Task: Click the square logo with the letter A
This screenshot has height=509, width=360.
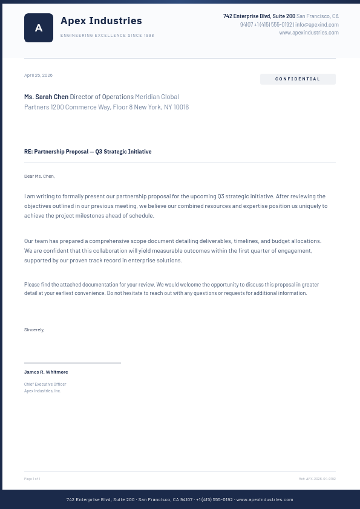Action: tap(39, 28)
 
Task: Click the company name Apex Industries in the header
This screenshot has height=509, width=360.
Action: tap(101, 21)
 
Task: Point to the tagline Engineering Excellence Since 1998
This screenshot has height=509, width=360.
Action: tap(107, 36)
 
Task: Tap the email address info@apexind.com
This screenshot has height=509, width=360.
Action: tap(317, 25)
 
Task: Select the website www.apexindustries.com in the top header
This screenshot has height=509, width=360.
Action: tap(309, 33)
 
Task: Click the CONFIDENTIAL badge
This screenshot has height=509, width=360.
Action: tap(298, 79)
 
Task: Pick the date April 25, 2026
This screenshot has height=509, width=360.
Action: tap(38, 76)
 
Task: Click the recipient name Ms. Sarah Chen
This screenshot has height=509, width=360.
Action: tap(46, 97)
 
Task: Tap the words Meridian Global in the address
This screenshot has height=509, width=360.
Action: tap(157, 97)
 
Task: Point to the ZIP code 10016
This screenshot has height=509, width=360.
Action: tap(181, 107)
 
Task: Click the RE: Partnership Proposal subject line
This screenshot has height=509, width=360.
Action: tap(88, 152)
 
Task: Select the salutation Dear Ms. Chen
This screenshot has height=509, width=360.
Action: tap(39, 177)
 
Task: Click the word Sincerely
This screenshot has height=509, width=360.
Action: tap(34, 330)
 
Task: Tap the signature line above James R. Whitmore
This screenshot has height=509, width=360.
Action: tap(73, 363)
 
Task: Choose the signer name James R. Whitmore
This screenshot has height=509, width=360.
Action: tap(46, 372)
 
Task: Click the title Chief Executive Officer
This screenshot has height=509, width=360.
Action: tap(45, 384)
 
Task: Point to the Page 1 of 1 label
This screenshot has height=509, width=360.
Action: tap(32, 479)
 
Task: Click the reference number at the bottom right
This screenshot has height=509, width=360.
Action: tap(317, 479)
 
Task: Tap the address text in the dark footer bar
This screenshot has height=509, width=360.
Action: tap(180, 499)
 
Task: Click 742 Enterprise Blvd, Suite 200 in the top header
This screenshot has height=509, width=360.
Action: tap(259, 16)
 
